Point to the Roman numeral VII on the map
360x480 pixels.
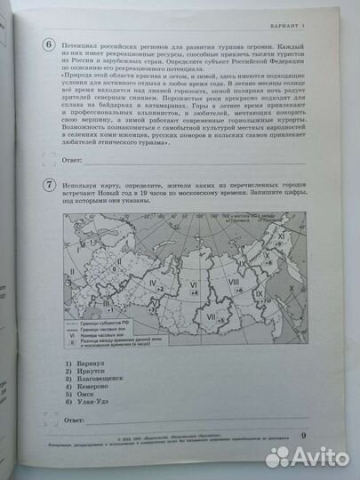point(210,313)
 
